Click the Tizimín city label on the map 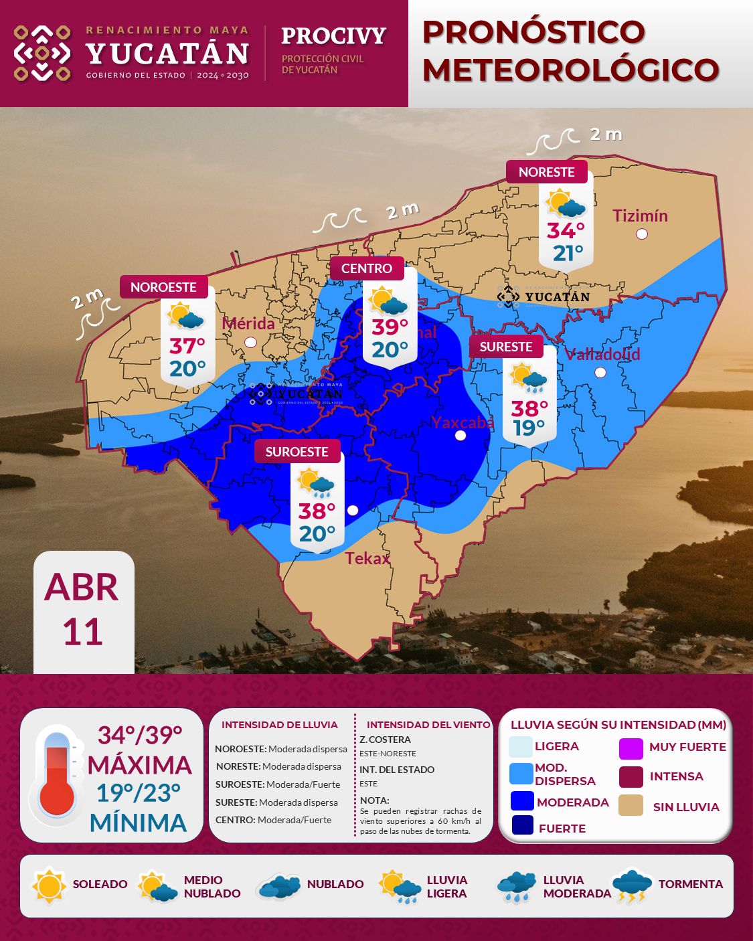640,216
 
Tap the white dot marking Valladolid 600,372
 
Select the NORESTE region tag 546,172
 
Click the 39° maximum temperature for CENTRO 390,327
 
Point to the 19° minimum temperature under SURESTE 529,428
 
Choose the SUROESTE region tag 297,452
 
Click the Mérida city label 248,323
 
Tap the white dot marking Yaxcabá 461,436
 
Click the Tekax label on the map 367,558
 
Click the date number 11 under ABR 83,632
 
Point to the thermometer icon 57,774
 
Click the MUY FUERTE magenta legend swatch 631,748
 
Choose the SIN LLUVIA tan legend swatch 631,806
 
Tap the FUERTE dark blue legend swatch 523,825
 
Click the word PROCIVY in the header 333,35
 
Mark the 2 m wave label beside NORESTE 606,135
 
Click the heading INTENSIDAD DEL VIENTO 428,725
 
